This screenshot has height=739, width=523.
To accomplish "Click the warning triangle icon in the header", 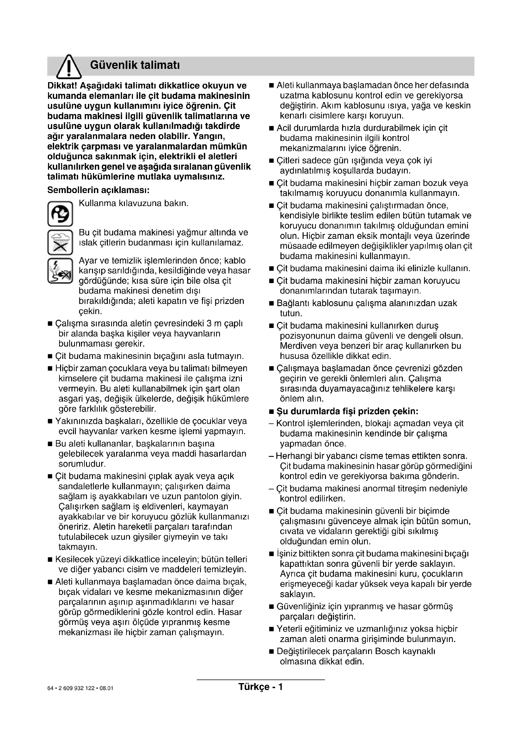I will click(69, 66).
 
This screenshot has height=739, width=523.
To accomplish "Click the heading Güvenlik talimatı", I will click(135, 65).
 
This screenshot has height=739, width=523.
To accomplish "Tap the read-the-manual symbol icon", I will click(60, 214).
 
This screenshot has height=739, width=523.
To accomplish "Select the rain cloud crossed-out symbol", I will click(60, 242).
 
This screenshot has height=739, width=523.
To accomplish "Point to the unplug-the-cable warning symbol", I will click(60, 271).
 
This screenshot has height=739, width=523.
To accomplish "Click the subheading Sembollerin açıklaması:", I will click(98, 190).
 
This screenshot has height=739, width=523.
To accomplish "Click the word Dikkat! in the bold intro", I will click(62, 86).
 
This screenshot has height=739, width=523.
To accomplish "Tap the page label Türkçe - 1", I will click(261, 687).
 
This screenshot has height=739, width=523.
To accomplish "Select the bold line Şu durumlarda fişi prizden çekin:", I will click(347, 411).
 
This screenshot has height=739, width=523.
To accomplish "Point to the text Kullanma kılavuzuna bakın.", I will click(133, 203).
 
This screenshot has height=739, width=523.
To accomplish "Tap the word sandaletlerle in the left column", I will click(85, 486).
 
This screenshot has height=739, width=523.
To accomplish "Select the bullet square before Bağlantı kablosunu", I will click(271, 304).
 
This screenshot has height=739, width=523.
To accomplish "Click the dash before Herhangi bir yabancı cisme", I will click(271, 456).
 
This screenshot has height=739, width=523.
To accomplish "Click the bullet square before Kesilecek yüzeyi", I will click(50, 560).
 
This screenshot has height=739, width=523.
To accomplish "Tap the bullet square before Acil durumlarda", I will click(271, 128).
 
